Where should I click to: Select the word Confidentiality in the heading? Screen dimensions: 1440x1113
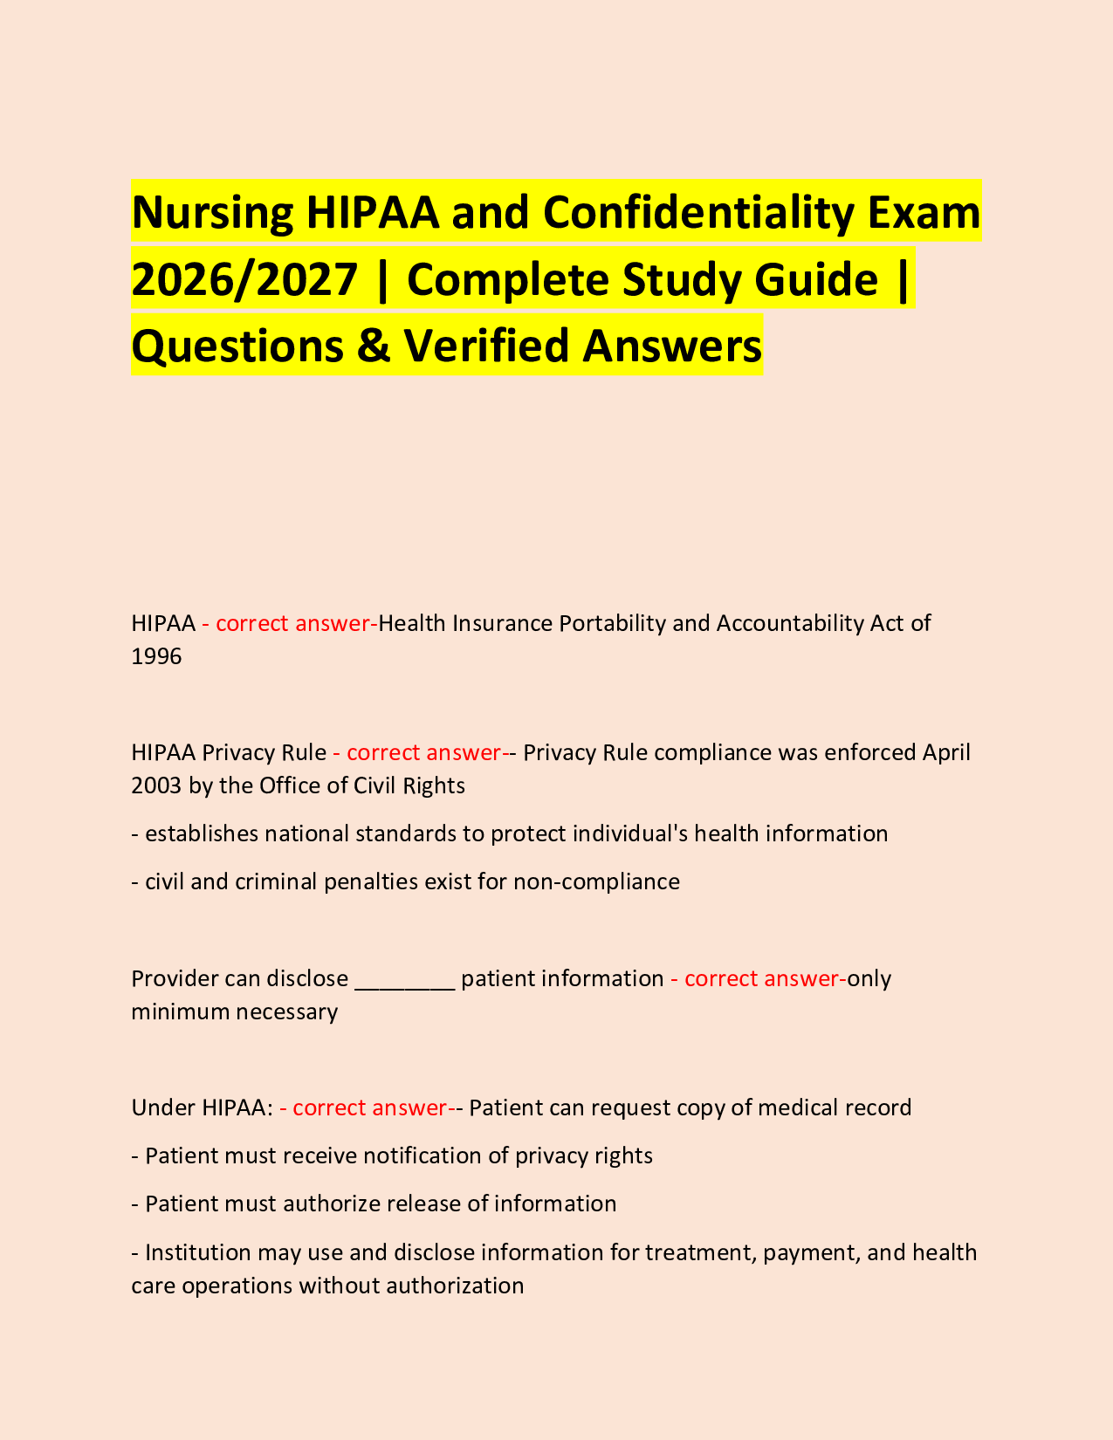[x=677, y=213]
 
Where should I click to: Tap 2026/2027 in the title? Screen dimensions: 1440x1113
[x=244, y=279]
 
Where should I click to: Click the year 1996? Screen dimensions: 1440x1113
[x=156, y=656]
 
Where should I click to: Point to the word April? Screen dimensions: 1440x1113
[x=946, y=752]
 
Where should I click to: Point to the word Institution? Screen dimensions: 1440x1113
[x=201, y=1253]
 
